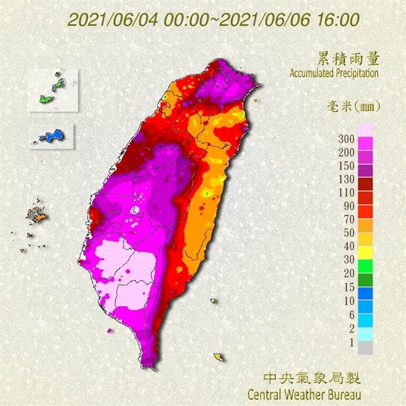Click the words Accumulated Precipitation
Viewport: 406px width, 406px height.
coord(334,72)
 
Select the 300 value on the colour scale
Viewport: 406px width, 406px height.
coord(347,138)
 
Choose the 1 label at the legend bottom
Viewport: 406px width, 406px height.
coord(351,341)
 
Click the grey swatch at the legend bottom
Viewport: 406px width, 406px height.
coord(365,348)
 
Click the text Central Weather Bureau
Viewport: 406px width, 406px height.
coord(304,393)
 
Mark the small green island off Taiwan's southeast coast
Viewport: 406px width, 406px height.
coord(214,301)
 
